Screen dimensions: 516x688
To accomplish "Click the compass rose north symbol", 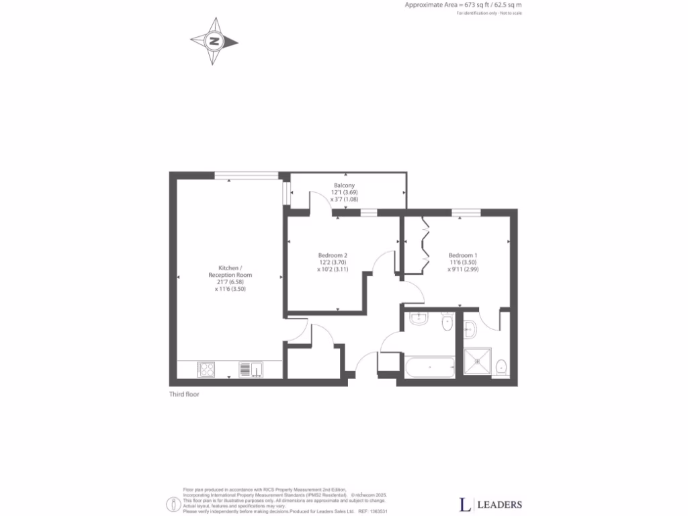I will point(214,42).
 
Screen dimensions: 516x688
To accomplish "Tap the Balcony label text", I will point(344,185).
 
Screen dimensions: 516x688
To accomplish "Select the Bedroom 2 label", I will point(332,255).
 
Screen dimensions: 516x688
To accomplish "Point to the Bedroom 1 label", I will point(463,255).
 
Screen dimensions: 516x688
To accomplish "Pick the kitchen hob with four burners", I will point(206,370).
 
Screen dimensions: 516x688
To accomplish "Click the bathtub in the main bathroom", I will point(429,366).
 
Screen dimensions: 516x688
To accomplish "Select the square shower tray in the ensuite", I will point(478,363).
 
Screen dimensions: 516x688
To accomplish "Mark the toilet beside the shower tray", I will point(501,367).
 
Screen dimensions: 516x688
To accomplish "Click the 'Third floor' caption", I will point(184,395).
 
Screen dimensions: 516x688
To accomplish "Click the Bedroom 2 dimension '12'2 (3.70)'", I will point(332,262).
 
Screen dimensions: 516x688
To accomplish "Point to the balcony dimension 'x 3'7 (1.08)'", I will point(344,200).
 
